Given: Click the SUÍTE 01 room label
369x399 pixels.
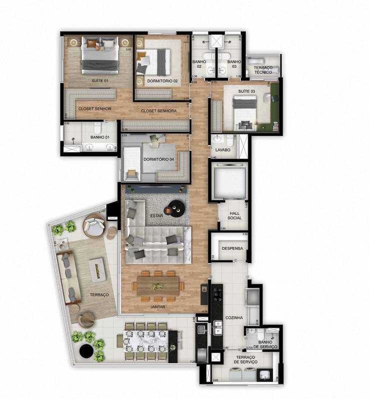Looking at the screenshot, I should (99, 80).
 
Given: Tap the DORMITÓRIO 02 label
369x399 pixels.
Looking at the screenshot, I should (162, 81).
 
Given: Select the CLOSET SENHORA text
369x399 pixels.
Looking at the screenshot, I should (158, 111).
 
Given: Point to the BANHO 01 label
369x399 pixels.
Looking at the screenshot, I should (100, 137).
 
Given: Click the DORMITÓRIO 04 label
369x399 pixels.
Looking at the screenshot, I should (158, 160).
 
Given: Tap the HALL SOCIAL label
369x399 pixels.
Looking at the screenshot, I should (234, 215).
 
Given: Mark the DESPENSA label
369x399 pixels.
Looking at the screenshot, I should (232, 248).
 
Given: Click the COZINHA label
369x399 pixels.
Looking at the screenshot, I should (234, 317).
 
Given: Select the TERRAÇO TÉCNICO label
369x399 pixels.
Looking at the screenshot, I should (262, 70).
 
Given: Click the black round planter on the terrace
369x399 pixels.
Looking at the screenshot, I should (87, 351).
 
